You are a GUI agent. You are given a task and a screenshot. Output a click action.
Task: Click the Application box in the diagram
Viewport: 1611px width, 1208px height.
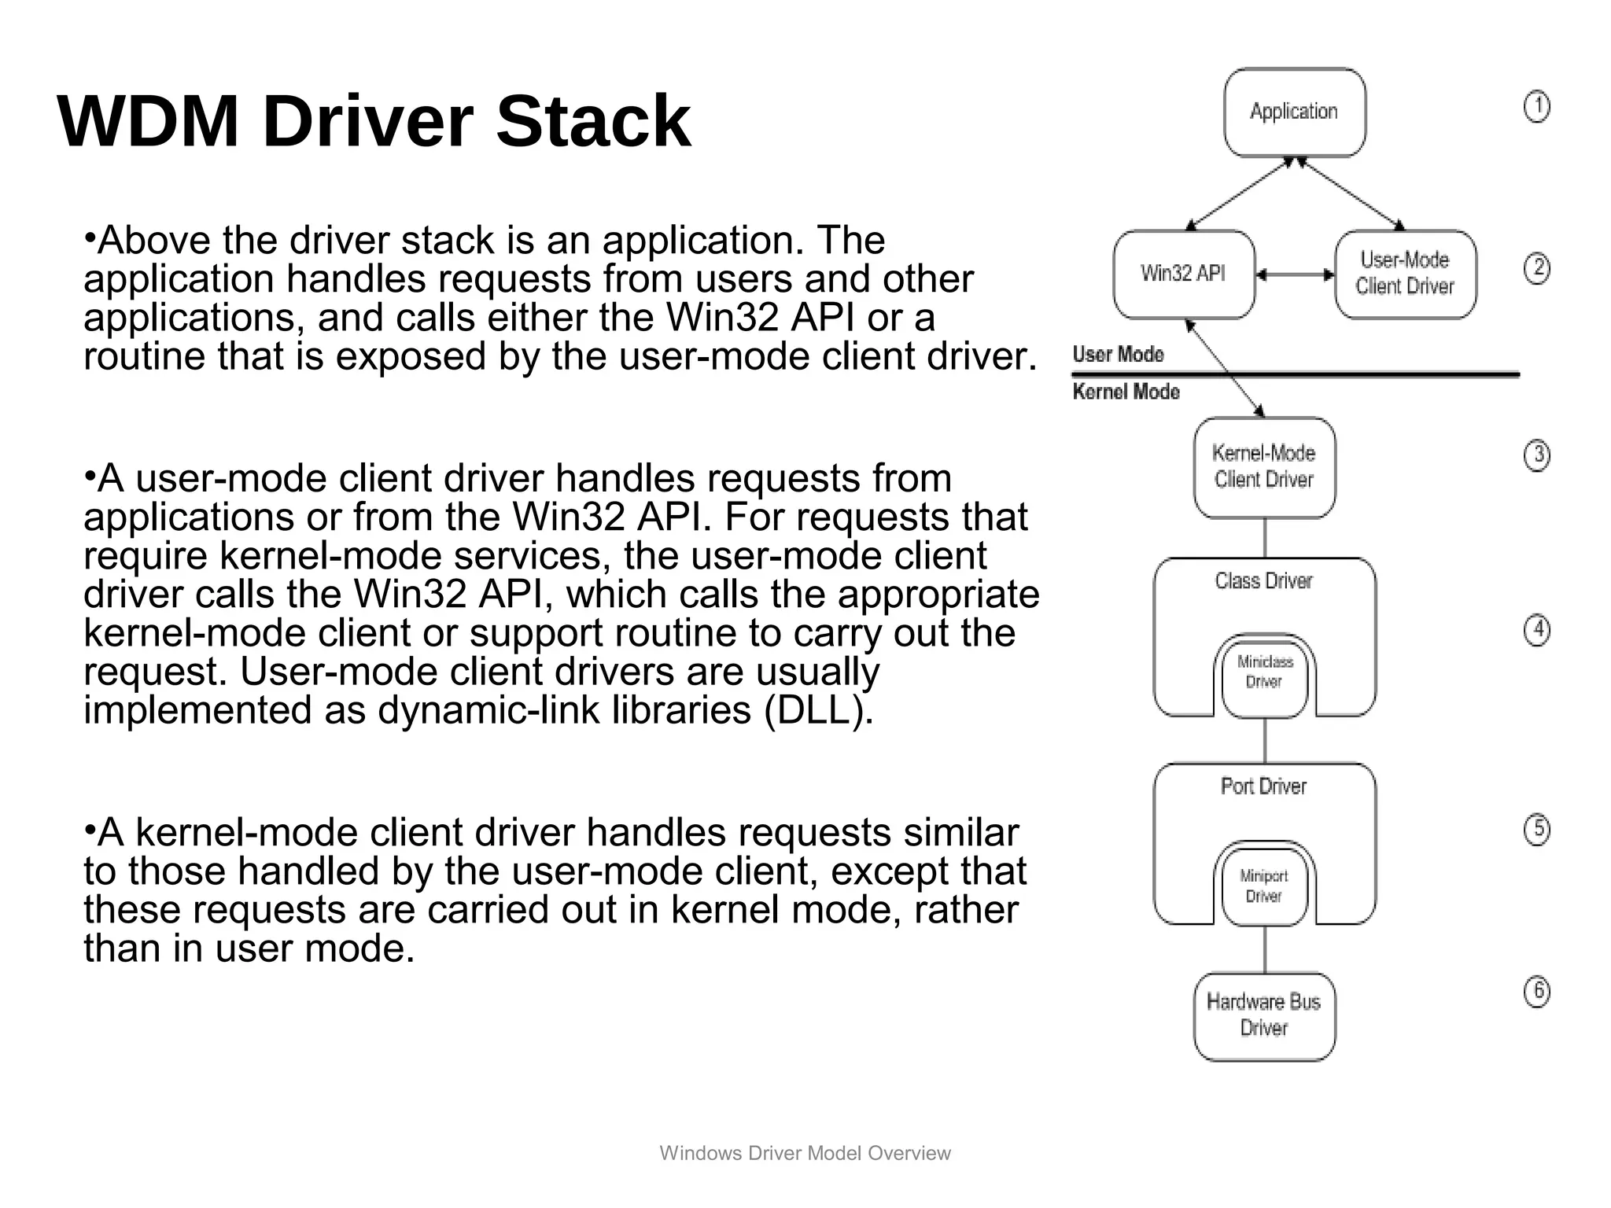(1294, 112)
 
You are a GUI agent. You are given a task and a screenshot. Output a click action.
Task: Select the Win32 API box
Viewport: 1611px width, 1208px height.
(1183, 274)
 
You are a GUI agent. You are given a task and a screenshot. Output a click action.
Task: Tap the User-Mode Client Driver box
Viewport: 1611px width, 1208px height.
(1405, 274)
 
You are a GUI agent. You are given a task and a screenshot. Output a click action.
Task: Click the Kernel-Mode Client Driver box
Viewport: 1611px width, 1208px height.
(1263, 467)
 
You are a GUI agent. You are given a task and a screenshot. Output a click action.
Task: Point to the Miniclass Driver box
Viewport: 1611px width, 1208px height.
(1264, 674)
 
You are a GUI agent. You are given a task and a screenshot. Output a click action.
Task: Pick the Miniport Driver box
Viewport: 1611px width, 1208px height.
(1264, 886)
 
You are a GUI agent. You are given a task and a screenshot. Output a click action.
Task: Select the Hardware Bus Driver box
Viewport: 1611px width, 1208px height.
(1263, 1015)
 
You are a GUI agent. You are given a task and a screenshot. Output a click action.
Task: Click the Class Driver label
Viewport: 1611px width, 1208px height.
(1263, 581)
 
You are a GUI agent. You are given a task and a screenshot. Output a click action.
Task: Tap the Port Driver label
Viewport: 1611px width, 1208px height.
(1263, 786)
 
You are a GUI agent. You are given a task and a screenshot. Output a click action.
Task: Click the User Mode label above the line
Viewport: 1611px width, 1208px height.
(1118, 355)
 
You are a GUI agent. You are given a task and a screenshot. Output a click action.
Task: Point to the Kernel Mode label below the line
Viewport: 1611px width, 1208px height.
(1126, 392)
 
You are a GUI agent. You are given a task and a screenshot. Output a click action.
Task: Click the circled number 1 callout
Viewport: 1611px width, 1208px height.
(1536, 108)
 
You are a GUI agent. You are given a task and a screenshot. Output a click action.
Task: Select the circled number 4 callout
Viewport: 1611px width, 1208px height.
(1537, 630)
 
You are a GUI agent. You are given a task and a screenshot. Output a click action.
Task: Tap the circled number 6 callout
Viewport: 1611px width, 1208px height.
(1537, 992)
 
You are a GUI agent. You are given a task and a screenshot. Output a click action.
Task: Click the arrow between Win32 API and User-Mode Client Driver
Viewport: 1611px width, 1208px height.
(1295, 275)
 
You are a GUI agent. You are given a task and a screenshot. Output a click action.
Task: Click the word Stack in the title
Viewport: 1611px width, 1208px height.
(593, 121)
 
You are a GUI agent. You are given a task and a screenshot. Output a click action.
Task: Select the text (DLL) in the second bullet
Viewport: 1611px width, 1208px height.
(818, 711)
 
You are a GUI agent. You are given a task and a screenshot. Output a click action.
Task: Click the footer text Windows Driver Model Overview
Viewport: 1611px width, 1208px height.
(805, 1153)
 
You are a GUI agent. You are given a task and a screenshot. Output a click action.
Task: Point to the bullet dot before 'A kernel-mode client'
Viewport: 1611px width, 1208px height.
(90, 828)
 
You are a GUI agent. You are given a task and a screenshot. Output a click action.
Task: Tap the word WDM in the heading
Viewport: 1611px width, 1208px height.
(148, 121)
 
